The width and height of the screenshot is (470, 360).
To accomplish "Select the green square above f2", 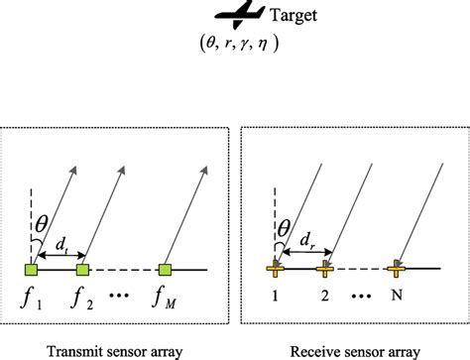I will (x=82, y=268).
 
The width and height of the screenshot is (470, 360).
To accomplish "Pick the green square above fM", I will (x=166, y=268).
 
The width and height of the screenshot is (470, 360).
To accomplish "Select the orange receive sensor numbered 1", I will (x=273, y=267).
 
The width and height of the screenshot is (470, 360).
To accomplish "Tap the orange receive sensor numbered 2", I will (x=324, y=267).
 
